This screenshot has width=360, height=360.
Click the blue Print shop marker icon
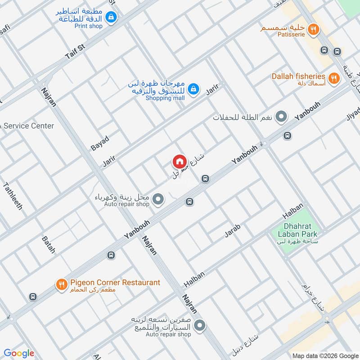click(111, 18)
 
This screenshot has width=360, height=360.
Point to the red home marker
click(179, 162)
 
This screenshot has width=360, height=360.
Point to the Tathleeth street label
click(13, 196)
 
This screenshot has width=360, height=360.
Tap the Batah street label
click(48, 244)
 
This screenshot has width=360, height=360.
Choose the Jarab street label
click(233, 230)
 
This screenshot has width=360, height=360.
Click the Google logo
click(19, 353)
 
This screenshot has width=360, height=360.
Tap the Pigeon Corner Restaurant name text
click(115, 283)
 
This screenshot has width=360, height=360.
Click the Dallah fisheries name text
click(298, 76)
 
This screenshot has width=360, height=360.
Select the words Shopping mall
click(165, 98)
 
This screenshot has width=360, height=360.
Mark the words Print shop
click(88, 26)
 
